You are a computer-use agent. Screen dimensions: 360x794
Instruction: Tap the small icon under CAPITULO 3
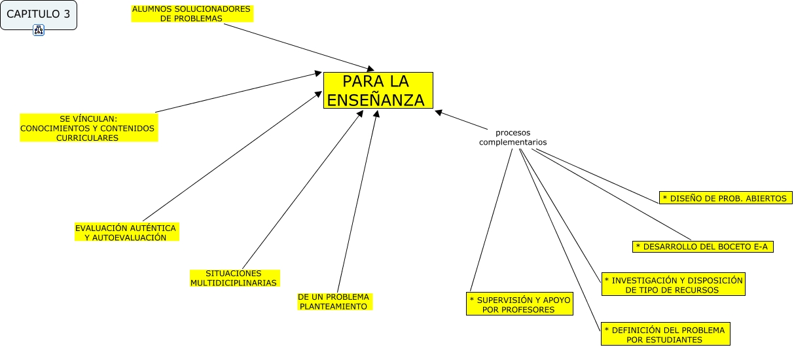(x=39, y=30)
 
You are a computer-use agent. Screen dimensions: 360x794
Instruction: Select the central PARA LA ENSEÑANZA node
(x=378, y=90)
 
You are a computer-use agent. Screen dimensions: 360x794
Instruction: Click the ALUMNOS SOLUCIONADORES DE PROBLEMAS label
(x=191, y=14)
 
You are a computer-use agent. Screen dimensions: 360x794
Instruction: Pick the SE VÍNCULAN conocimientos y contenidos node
(x=88, y=128)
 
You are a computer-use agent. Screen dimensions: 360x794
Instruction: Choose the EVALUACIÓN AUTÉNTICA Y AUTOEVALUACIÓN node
(x=126, y=232)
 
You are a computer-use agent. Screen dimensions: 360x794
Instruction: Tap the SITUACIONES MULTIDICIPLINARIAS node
(x=234, y=278)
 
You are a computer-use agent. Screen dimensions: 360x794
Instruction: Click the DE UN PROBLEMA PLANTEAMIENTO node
(x=334, y=301)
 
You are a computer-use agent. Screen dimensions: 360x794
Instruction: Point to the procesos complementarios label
(x=513, y=137)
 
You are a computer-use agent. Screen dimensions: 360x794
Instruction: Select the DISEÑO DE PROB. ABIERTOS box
(x=725, y=198)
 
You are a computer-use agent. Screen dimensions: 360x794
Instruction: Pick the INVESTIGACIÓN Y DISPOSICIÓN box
(x=673, y=285)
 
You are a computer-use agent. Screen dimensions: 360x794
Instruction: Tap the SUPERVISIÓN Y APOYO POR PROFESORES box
(x=520, y=304)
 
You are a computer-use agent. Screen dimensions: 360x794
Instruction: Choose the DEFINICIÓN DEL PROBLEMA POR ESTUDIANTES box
(x=664, y=334)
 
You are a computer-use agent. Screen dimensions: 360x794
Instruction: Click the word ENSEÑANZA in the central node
(x=375, y=99)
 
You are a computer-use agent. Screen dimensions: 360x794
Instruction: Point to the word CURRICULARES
(x=88, y=138)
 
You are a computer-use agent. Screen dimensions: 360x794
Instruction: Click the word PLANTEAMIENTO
(x=333, y=306)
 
